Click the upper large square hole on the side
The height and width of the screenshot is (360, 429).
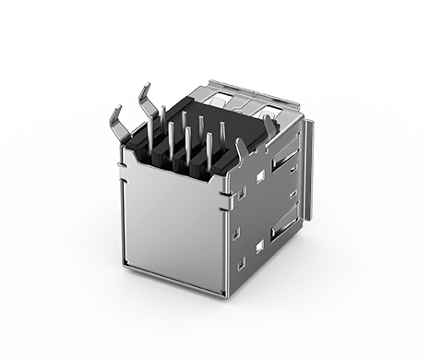[261, 176]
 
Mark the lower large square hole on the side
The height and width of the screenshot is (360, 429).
[259, 246]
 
